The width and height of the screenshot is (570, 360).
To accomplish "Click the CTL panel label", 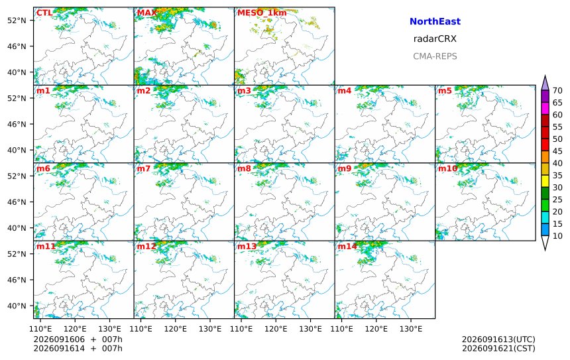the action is [x=44, y=13].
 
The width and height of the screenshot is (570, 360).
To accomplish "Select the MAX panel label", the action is [x=147, y=13].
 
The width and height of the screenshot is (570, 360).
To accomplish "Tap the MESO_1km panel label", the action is [x=262, y=13].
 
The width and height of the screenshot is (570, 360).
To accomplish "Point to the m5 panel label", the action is [x=445, y=91].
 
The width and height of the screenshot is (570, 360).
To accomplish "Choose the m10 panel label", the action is [x=447, y=168].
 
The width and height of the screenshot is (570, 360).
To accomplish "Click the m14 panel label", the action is [x=347, y=247].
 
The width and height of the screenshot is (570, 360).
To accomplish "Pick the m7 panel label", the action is [x=144, y=168].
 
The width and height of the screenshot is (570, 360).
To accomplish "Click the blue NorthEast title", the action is [x=435, y=21].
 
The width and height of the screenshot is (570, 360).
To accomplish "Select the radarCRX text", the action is [x=435, y=39].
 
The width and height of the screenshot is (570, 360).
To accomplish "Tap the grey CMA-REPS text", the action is [x=435, y=56].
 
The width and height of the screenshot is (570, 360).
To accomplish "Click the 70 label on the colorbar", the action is [x=557, y=91].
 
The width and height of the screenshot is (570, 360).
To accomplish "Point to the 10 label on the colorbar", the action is [x=557, y=236].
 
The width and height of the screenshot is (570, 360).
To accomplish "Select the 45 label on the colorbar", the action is [x=557, y=151].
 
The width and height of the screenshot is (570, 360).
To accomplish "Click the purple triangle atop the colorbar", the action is [x=545, y=84].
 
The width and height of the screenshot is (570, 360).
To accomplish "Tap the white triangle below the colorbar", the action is [x=545, y=242].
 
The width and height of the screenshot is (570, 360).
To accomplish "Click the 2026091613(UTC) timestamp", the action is [x=498, y=339].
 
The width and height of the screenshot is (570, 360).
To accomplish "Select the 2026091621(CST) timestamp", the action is [x=498, y=348].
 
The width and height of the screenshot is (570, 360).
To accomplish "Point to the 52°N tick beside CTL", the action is [x=17, y=21].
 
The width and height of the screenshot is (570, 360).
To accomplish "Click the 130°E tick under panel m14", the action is [x=411, y=329].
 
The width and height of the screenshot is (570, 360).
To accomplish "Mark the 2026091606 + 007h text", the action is [x=78, y=339].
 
